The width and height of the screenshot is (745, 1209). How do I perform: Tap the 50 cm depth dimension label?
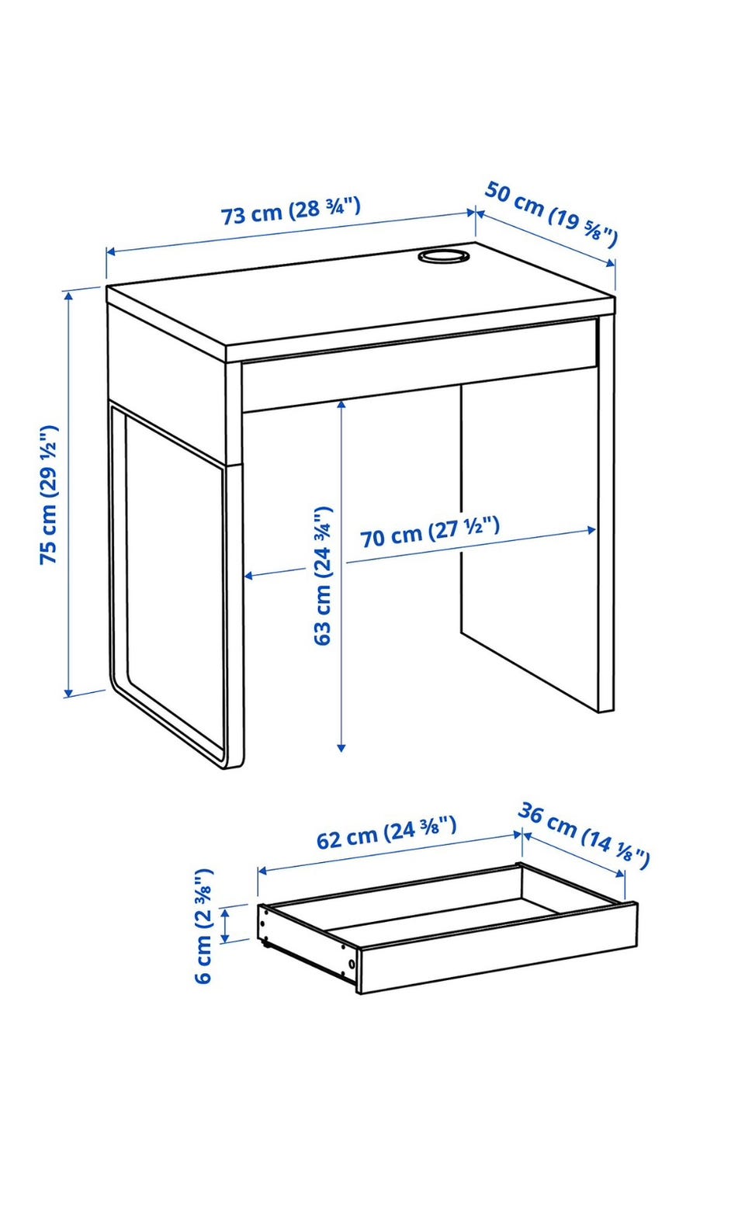coord(551,213)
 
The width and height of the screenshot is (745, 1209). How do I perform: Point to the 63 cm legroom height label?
coord(323,575)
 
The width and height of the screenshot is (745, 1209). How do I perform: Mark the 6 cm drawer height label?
coord(203,927)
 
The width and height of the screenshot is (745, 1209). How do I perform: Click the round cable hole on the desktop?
coord(442,255)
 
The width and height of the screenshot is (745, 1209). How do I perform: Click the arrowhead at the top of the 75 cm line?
coord(68,295)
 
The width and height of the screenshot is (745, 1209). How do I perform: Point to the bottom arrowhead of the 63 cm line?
coord(341,747)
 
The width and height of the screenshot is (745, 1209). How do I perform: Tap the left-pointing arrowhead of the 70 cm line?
coord(249,577)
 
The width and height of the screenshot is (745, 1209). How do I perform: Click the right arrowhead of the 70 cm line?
coord(591,530)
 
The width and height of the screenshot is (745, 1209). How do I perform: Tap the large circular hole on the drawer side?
coord(352,964)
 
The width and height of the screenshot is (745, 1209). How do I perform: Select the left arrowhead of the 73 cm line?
coord(111,251)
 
